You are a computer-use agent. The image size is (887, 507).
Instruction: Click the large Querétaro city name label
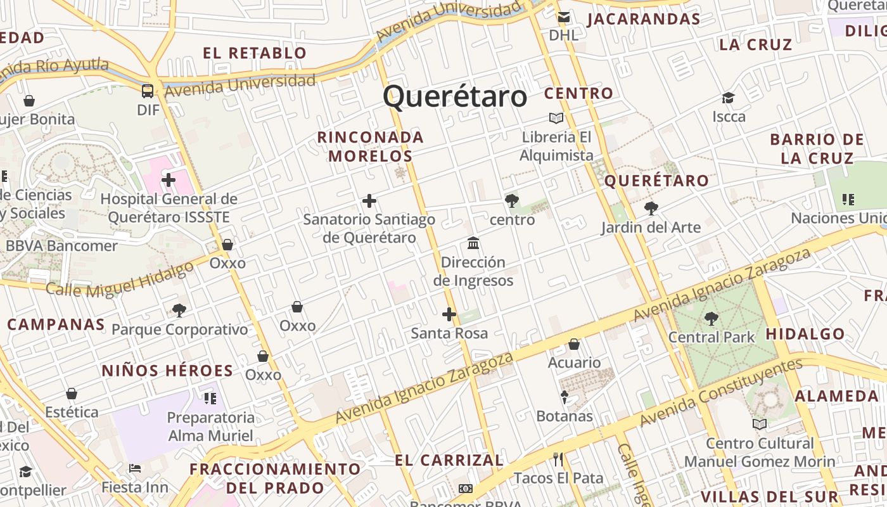(x=455, y=97)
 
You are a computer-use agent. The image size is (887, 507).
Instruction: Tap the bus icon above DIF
(x=148, y=91)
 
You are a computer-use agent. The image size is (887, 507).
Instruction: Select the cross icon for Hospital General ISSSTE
(x=168, y=180)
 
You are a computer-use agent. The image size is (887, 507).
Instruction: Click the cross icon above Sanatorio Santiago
(x=369, y=202)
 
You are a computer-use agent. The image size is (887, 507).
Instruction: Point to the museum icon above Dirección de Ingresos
(x=473, y=243)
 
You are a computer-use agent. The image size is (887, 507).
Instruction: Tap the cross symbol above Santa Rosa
(x=449, y=314)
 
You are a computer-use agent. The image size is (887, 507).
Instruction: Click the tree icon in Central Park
(x=712, y=318)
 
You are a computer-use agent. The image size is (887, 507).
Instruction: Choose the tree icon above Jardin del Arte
(x=651, y=209)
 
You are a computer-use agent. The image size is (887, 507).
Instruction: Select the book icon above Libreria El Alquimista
(x=556, y=119)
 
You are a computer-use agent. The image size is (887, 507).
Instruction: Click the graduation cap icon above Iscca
(x=729, y=98)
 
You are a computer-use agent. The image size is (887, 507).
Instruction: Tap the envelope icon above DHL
(x=563, y=17)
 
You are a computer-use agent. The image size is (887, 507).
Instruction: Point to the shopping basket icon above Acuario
(x=574, y=344)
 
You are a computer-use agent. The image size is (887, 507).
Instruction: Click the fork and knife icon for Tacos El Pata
(x=558, y=459)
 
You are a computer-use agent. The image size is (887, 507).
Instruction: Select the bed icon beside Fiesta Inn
(x=135, y=468)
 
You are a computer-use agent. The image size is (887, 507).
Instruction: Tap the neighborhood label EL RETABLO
(x=255, y=53)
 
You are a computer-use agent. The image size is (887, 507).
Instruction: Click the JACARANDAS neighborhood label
(x=644, y=19)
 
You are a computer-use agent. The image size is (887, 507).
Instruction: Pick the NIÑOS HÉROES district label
(x=167, y=371)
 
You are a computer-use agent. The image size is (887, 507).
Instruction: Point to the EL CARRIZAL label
(x=449, y=460)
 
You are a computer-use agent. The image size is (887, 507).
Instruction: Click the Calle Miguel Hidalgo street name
(x=120, y=279)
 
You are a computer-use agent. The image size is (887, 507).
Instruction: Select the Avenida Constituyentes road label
(x=721, y=393)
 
